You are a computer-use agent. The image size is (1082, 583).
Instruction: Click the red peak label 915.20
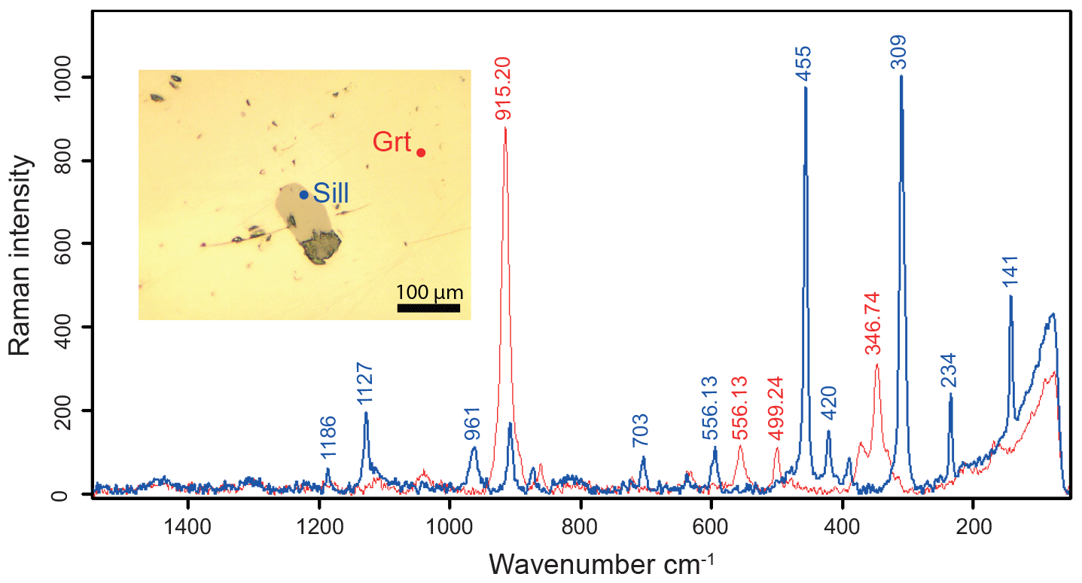(504, 88)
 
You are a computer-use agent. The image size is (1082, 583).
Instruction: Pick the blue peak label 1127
(365, 384)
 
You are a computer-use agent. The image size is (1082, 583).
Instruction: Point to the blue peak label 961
(474, 424)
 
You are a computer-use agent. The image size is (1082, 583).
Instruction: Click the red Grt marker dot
(421, 153)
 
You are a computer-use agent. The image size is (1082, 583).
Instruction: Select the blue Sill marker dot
(304, 194)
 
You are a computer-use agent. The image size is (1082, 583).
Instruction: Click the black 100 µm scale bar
(428, 307)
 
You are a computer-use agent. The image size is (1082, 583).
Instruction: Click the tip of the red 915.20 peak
(504, 129)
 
